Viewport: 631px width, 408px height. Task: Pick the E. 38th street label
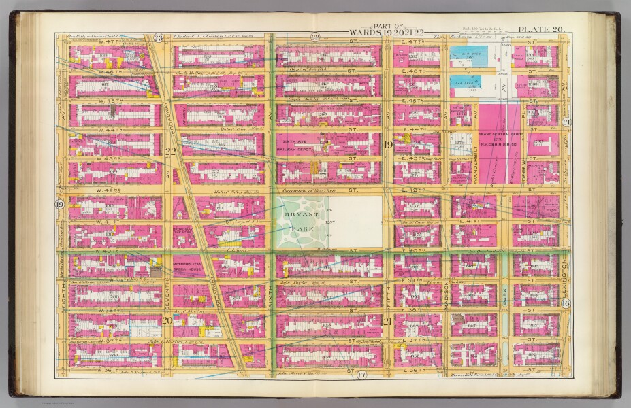[412, 309]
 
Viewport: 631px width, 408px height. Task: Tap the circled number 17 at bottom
[361, 375]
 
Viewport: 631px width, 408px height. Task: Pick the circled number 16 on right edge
[566, 304]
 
